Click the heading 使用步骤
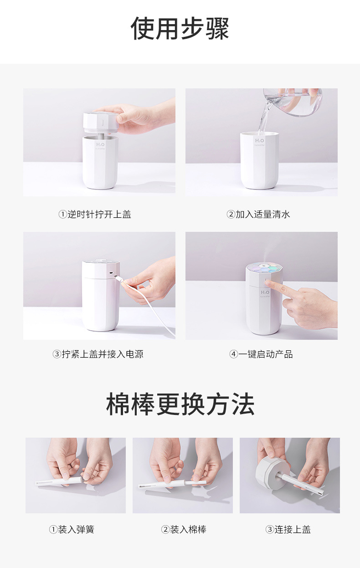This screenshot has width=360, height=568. (x=180, y=29)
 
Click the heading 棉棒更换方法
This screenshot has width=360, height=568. (x=180, y=404)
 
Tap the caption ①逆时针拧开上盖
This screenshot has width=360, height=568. (x=95, y=214)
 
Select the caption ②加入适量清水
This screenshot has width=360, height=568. (x=258, y=214)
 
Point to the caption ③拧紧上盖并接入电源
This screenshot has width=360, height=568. (x=98, y=354)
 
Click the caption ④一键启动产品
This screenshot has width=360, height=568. (x=261, y=354)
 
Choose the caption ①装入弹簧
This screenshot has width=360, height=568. (x=72, y=529)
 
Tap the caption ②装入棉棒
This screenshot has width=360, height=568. (x=184, y=529)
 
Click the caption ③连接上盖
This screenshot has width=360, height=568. (x=288, y=529)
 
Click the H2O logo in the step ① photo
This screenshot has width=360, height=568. (x=100, y=145)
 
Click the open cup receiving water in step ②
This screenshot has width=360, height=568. (x=259, y=159)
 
